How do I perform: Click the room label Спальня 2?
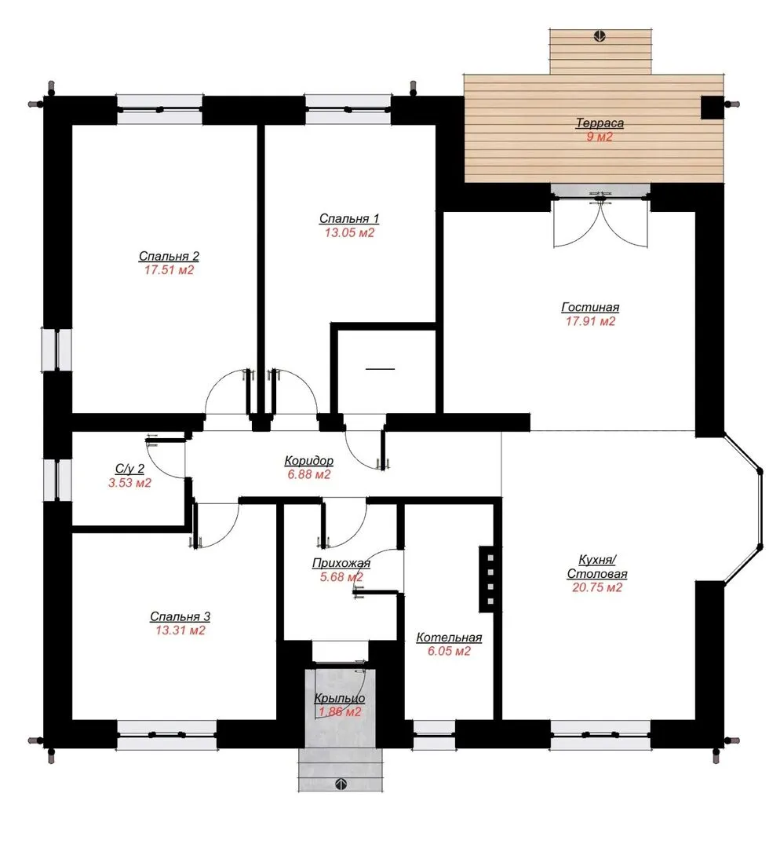click(x=169, y=256)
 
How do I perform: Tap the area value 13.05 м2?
click(x=349, y=232)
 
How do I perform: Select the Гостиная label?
click(x=590, y=307)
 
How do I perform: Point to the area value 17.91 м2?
click(x=590, y=321)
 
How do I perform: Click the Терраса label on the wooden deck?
click(x=600, y=122)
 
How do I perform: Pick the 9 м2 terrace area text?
click(x=600, y=137)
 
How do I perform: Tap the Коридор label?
click(x=308, y=461)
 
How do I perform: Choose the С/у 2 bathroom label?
click(x=129, y=468)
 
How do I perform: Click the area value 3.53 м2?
click(x=129, y=482)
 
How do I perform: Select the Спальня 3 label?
click(x=180, y=616)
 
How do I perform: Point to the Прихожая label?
click(x=341, y=563)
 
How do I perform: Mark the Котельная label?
click(x=449, y=638)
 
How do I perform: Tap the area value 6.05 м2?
click(x=449, y=651)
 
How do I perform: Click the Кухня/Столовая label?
click(x=596, y=566)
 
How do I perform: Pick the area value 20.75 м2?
click(x=596, y=587)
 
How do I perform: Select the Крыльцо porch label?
click(x=340, y=698)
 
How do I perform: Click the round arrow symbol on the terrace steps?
click(x=600, y=36)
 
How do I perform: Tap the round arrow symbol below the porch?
click(x=341, y=784)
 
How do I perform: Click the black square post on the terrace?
click(x=713, y=107)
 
